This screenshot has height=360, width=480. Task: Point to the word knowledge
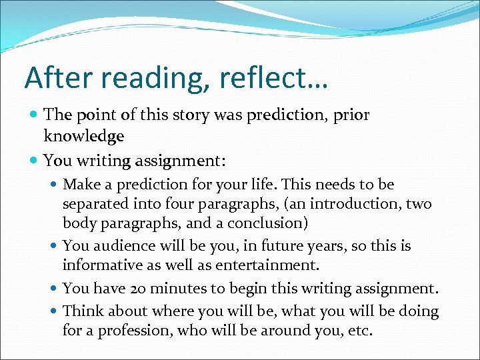pyautogui.click(x=84, y=137)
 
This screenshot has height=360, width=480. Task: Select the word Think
pyautogui.click(x=83, y=311)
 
